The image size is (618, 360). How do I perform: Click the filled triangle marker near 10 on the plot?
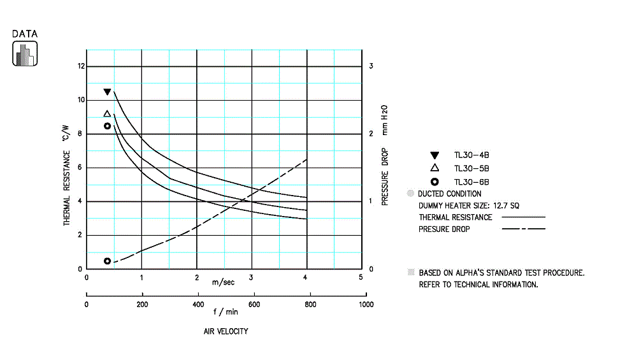[107, 92]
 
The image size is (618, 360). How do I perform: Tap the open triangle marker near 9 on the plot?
[107, 115]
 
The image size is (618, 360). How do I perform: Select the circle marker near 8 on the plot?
[107, 126]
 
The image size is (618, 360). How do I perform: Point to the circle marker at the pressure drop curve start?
[107, 261]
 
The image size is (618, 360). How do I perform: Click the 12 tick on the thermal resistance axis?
[80, 66]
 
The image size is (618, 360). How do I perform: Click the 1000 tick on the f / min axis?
[366, 305]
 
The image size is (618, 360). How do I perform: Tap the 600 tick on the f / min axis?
[254, 305]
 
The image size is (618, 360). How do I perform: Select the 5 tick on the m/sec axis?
[361, 277]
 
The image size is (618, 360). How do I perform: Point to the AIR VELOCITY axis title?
[226, 331]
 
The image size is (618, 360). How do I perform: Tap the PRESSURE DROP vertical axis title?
[385, 172]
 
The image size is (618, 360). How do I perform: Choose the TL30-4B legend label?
[471, 155]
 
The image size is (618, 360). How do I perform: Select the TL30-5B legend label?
[471, 168]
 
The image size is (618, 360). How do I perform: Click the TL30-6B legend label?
[471, 182]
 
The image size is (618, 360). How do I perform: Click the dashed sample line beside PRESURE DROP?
[523, 229]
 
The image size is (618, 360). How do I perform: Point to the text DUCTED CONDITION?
[449, 194]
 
